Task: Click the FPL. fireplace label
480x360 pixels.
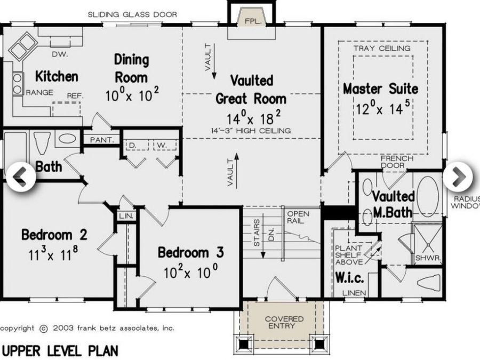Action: [252, 21]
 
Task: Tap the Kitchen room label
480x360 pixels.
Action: [57, 76]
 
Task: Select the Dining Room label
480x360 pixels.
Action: [132, 68]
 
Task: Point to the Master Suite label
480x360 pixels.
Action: [380, 88]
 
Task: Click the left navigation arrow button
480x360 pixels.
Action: [20, 176]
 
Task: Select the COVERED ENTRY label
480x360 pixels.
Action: [284, 322]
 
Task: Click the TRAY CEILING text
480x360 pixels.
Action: [382, 49]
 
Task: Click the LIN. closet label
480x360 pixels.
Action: [126, 215]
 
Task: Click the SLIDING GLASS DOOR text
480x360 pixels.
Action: [132, 14]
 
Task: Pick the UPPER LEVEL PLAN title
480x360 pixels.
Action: [60, 350]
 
